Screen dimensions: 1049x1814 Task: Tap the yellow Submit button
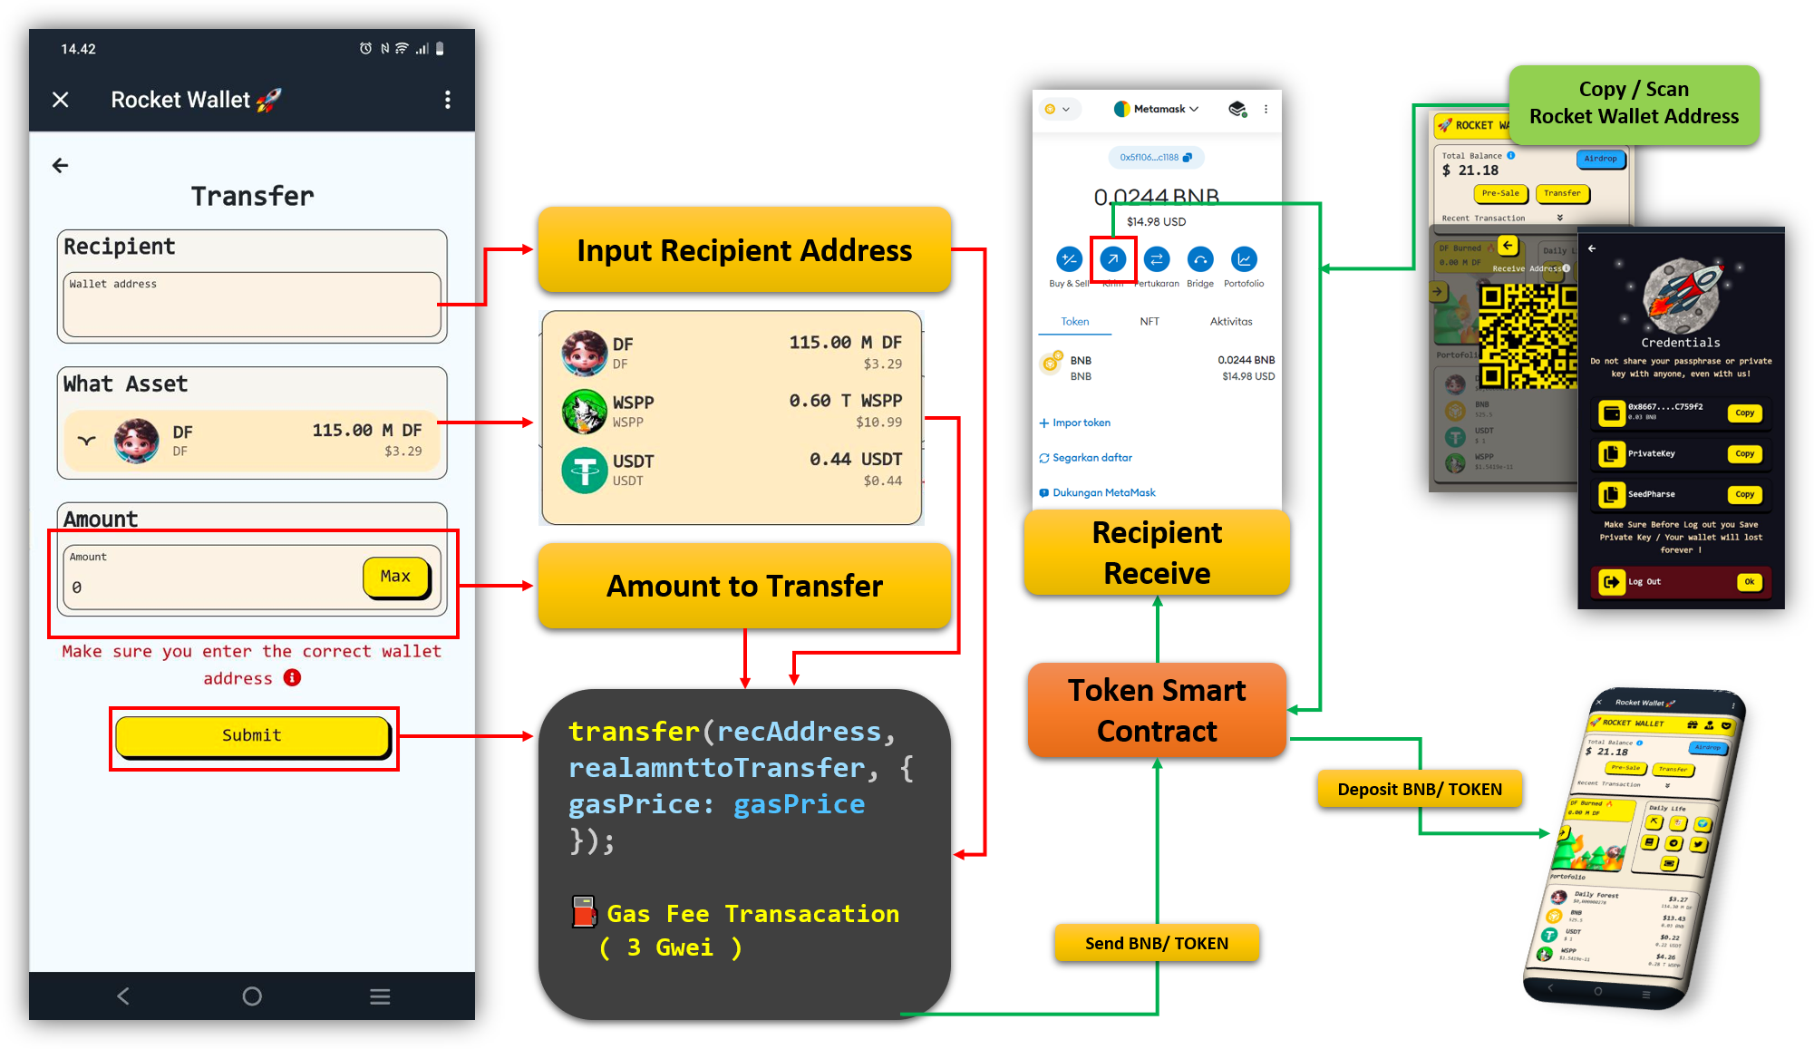252,735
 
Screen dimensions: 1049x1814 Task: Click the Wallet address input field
251,305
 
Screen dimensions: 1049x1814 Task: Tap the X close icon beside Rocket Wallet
61,100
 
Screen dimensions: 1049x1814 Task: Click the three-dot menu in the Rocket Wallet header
447,100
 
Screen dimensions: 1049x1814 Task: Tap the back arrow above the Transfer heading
61,165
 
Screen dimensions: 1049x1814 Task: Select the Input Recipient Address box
743,250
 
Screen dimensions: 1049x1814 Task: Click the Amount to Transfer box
743,586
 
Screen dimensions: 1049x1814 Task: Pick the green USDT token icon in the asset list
584,470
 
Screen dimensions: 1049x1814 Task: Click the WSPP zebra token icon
584,412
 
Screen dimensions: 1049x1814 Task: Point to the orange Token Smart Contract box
1156,710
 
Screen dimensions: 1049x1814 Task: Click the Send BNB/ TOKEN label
1156,943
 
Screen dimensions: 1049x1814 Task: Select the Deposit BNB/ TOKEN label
1419,789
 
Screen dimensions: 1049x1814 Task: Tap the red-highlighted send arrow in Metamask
1112,259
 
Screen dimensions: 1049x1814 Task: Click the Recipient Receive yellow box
1156,552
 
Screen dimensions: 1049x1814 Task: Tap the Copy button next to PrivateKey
1744,453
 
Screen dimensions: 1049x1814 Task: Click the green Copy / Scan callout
1633,103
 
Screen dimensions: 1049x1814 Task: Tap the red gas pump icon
584,912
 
